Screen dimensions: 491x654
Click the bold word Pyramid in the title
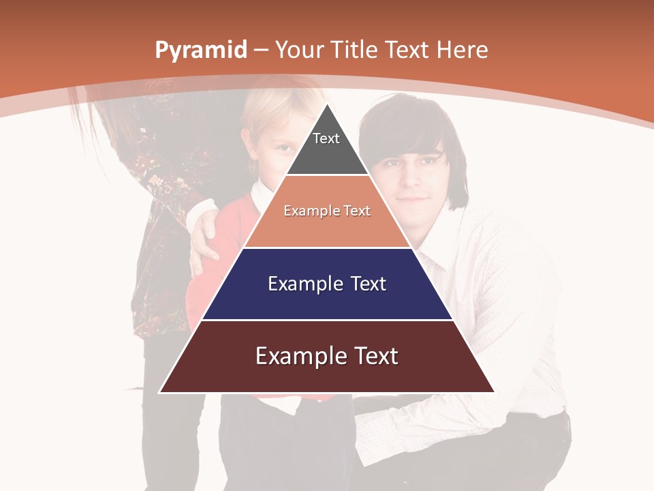coord(201,50)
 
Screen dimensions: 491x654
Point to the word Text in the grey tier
coord(326,138)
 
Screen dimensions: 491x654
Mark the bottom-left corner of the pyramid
coord(160,392)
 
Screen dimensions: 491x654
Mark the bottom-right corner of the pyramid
coord(494,392)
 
